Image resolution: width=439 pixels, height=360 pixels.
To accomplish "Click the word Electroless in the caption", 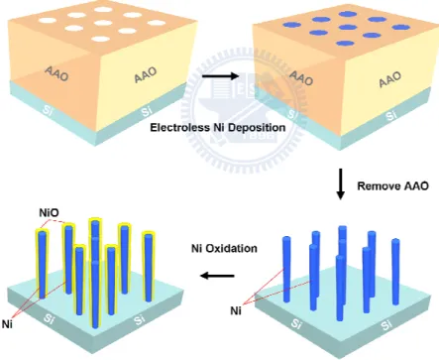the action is [x=178, y=128].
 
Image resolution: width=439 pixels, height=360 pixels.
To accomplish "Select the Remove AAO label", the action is [x=392, y=186].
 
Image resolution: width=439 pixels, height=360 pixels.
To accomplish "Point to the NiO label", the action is [x=49, y=213].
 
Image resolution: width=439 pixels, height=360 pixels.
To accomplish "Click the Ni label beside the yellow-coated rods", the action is [x=7, y=324].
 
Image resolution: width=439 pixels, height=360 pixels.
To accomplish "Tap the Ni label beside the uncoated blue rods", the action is [x=236, y=310].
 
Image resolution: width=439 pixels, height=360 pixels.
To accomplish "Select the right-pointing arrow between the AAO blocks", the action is [x=220, y=76].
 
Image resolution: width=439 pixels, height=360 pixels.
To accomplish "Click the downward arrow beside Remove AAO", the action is [x=340, y=184].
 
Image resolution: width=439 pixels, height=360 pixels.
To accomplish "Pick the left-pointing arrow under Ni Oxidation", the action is [x=218, y=275].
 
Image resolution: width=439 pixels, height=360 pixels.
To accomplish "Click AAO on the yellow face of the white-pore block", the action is [x=146, y=75].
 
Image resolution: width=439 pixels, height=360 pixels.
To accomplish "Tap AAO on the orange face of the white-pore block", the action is [x=56, y=73].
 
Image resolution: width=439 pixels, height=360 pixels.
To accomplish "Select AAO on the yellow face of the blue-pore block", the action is [x=389, y=79].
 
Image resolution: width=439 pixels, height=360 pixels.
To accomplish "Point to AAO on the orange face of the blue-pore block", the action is [x=301, y=78].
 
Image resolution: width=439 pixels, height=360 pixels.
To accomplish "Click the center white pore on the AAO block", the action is [x=103, y=23].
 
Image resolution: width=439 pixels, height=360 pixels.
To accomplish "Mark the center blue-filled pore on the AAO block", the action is [x=348, y=28].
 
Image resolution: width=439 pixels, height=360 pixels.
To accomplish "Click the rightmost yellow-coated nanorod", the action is [x=149, y=267].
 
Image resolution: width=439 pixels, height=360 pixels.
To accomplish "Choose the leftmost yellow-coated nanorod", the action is [x=42, y=264].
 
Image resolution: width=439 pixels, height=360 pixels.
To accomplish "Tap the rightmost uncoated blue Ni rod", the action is [x=395, y=272].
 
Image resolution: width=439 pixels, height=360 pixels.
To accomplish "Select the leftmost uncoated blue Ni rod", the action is [x=286, y=269].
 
